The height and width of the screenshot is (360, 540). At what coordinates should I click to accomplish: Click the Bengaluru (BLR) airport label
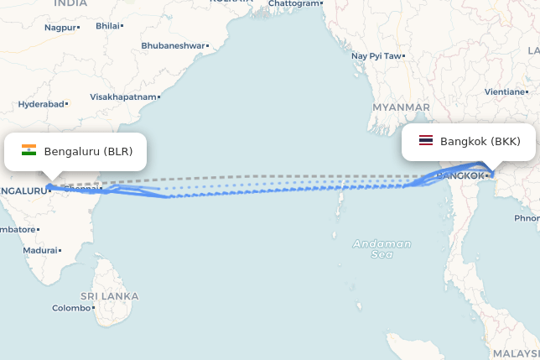88,152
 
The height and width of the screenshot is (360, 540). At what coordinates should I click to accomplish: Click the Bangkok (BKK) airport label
480,142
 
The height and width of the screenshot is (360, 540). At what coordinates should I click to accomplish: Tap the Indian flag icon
29,151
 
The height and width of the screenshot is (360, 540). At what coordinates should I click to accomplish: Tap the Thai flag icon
426,141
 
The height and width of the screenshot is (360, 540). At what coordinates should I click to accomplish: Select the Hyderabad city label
41,104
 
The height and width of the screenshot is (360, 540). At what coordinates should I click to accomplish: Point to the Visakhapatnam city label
123,97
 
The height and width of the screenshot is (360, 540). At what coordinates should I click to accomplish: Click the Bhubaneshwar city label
172,45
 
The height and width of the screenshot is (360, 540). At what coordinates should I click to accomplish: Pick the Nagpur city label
60,28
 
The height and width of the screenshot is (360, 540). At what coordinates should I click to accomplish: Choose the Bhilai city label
107,26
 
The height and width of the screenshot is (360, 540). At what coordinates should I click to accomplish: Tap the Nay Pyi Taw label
376,56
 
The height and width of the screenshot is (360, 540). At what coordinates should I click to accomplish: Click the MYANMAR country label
401,107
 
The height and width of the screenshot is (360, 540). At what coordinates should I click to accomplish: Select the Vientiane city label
504,91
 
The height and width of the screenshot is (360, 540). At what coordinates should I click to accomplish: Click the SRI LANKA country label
109,296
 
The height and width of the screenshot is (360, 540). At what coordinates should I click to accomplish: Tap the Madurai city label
40,250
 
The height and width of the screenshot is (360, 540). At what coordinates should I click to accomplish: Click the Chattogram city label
293,3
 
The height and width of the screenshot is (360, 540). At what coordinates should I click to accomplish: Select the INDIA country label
70,3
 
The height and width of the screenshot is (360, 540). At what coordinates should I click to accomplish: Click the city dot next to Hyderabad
67,104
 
